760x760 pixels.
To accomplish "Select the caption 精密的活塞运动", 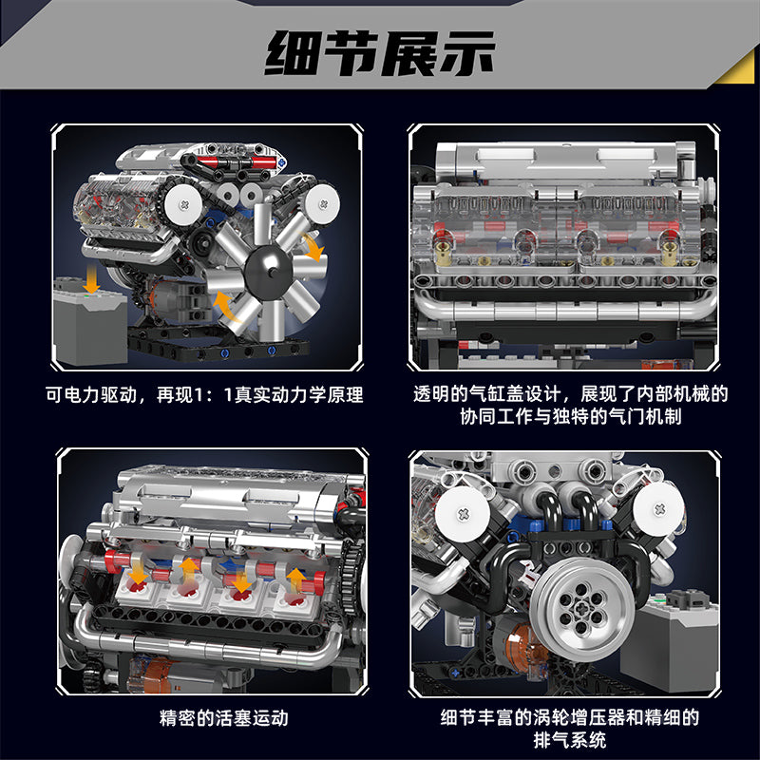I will (x=223, y=718).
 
